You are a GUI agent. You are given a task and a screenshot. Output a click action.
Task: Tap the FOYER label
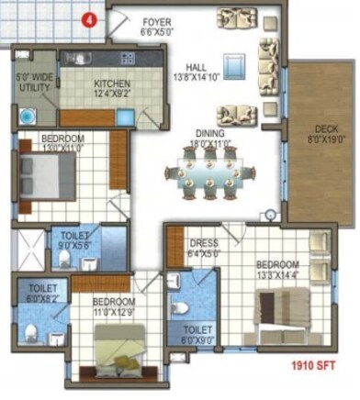[157, 20]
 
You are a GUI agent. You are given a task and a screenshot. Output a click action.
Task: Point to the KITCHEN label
[112, 83]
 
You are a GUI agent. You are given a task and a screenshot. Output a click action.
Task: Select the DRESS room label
[202, 244]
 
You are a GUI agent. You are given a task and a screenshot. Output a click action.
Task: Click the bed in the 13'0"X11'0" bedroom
[46, 175]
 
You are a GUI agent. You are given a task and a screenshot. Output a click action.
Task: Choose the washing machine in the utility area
[28, 117]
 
